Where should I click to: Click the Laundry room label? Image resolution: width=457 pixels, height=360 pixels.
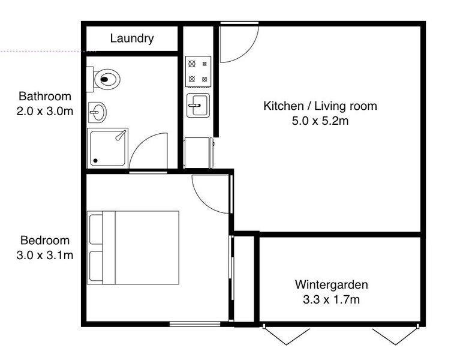click(132, 39)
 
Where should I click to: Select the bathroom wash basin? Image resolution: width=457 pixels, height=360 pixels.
click(97, 112)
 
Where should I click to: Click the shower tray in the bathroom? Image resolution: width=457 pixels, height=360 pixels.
click(108, 147)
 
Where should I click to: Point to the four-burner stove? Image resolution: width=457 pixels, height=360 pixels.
click(198, 70)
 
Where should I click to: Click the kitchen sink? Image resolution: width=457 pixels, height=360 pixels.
click(198, 106)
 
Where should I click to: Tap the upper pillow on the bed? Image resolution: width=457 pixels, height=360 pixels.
click(95, 228)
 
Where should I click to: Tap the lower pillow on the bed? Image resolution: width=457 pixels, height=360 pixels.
click(95, 266)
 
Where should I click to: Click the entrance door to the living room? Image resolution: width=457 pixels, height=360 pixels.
click(238, 43)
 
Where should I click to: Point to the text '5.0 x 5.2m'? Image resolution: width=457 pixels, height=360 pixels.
click(320, 121)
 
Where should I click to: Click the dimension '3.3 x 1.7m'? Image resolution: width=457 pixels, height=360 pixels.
click(331, 299)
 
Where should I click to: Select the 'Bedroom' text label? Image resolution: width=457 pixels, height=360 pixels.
click(44, 241)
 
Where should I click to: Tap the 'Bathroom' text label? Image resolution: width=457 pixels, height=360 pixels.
click(44, 96)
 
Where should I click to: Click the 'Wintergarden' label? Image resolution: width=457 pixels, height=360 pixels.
click(331, 284)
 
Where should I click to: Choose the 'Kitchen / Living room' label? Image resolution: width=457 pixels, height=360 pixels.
click(320, 106)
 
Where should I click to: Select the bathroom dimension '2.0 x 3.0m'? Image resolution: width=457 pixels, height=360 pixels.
click(44, 110)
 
